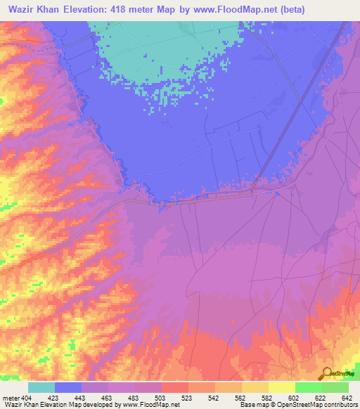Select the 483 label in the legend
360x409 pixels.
[x=134, y=397]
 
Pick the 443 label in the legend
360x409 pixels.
[x=81, y=397]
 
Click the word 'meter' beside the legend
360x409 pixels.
[x=10, y=397]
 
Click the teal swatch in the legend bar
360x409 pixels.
[x=41, y=387]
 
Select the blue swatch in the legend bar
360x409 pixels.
[x=68, y=387]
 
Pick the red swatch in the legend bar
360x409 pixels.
[x=174, y=387]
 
